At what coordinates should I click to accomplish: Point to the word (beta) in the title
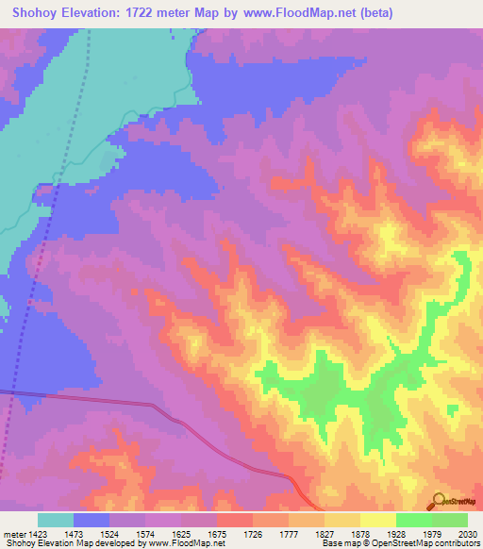point(370,13)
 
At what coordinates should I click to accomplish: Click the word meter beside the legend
point(14,533)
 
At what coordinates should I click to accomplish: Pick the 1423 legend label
point(38,533)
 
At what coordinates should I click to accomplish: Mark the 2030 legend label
point(468,533)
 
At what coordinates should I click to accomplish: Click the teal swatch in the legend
point(56,520)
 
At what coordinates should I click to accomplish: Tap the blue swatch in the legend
point(92,520)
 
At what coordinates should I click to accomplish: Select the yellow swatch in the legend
point(377,520)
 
